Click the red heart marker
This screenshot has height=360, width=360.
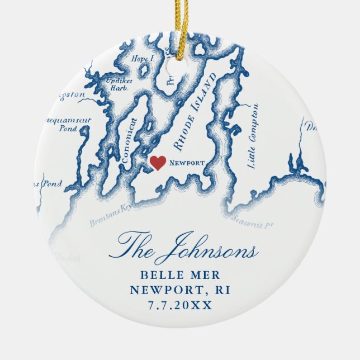(x=158, y=163)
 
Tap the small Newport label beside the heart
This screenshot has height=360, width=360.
(x=186, y=163)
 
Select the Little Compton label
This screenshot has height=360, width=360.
(x=251, y=135)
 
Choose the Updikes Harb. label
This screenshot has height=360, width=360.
(x=118, y=84)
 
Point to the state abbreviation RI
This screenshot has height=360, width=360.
(x=222, y=291)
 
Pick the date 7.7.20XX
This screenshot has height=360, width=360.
(x=180, y=306)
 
